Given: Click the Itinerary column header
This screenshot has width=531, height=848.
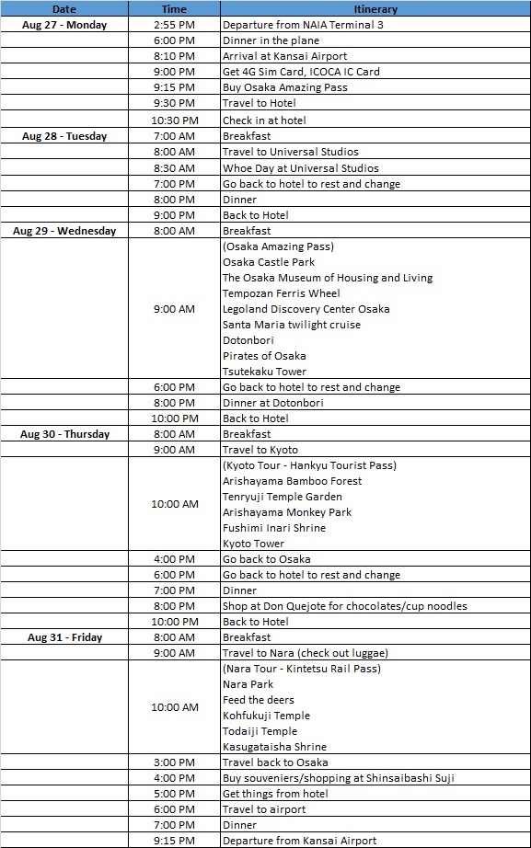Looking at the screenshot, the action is [x=375, y=8].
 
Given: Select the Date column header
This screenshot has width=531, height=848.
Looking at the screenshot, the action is [x=64, y=8].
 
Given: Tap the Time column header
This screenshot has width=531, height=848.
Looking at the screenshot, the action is [x=174, y=8].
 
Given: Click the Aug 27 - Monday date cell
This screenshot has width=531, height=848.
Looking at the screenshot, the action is [x=64, y=25].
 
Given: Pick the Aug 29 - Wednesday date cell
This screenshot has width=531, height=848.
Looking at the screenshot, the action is [x=64, y=231].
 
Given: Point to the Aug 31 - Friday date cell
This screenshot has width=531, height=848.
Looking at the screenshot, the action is [x=64, y=637].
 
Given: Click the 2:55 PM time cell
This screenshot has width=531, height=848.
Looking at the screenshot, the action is [x=174, y=25].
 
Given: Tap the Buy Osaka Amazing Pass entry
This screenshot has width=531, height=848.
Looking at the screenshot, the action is [x=284, y=87].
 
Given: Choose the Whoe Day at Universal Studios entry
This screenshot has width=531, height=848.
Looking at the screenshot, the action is [x=301, y=168].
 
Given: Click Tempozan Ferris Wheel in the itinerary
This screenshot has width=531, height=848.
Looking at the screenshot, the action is [x=281, y=293].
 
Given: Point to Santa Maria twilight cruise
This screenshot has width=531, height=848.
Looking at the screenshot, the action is [x=292, y=325].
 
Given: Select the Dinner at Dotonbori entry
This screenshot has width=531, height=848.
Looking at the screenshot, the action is [x=272, y=403].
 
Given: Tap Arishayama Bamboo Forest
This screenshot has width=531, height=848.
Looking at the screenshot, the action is [x=292, y=481].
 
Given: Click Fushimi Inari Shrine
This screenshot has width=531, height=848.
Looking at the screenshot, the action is [x=274, y=528].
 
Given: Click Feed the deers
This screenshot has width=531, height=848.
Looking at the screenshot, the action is [x=259, y=700].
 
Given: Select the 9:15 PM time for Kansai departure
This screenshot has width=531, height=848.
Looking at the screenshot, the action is [x=174, y=841].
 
